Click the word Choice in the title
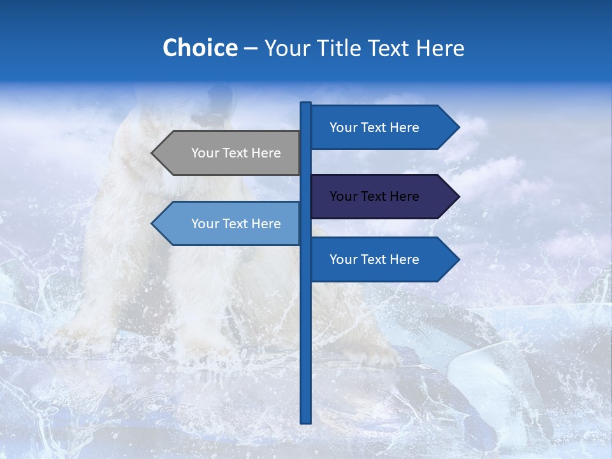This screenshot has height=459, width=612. click(x=200, y=48)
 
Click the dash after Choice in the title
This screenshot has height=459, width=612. click(x=251, y=48)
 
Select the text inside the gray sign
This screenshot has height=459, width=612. click(x=236, y=153)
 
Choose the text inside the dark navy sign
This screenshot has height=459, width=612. click(x=374, y=196)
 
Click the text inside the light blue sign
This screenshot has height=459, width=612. click(x=236, y=224)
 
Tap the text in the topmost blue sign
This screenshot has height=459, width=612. click(x=374, y=127)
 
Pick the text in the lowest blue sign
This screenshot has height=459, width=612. click(x=374, y=259)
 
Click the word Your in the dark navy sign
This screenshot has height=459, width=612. click(x=344, y=196)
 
